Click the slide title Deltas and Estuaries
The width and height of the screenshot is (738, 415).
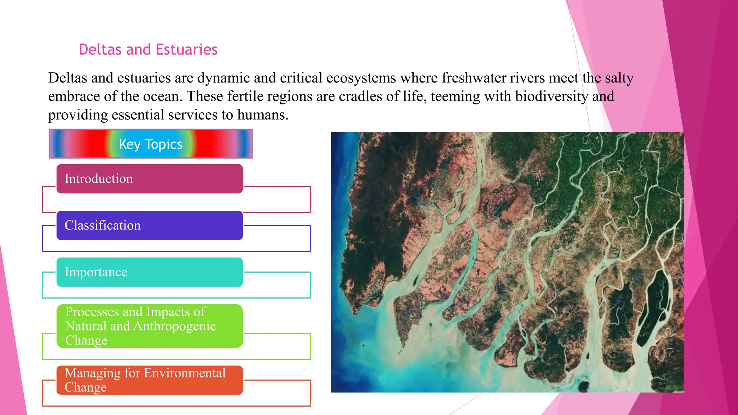pyautogui.click(x=148, y=49)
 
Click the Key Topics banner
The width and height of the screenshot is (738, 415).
pyautogui.click(x=150, y=144)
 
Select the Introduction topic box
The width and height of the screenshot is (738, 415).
pyautogui.click(x=150, y=179)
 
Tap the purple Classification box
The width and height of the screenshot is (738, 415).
pyautogui.click(x=150, y=225)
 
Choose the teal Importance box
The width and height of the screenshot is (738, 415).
pyautogui.click(x=150, y=272)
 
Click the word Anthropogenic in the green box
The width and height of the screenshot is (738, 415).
pyautogui.click(x=174, y=326)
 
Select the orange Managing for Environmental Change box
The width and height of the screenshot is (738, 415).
pyautogui.click(x=150, y=380)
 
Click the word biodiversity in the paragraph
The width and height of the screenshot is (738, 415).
pyautogui.click(x=552, y=96)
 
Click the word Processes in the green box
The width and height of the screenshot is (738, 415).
pyautogui.click(x=92, y=312)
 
